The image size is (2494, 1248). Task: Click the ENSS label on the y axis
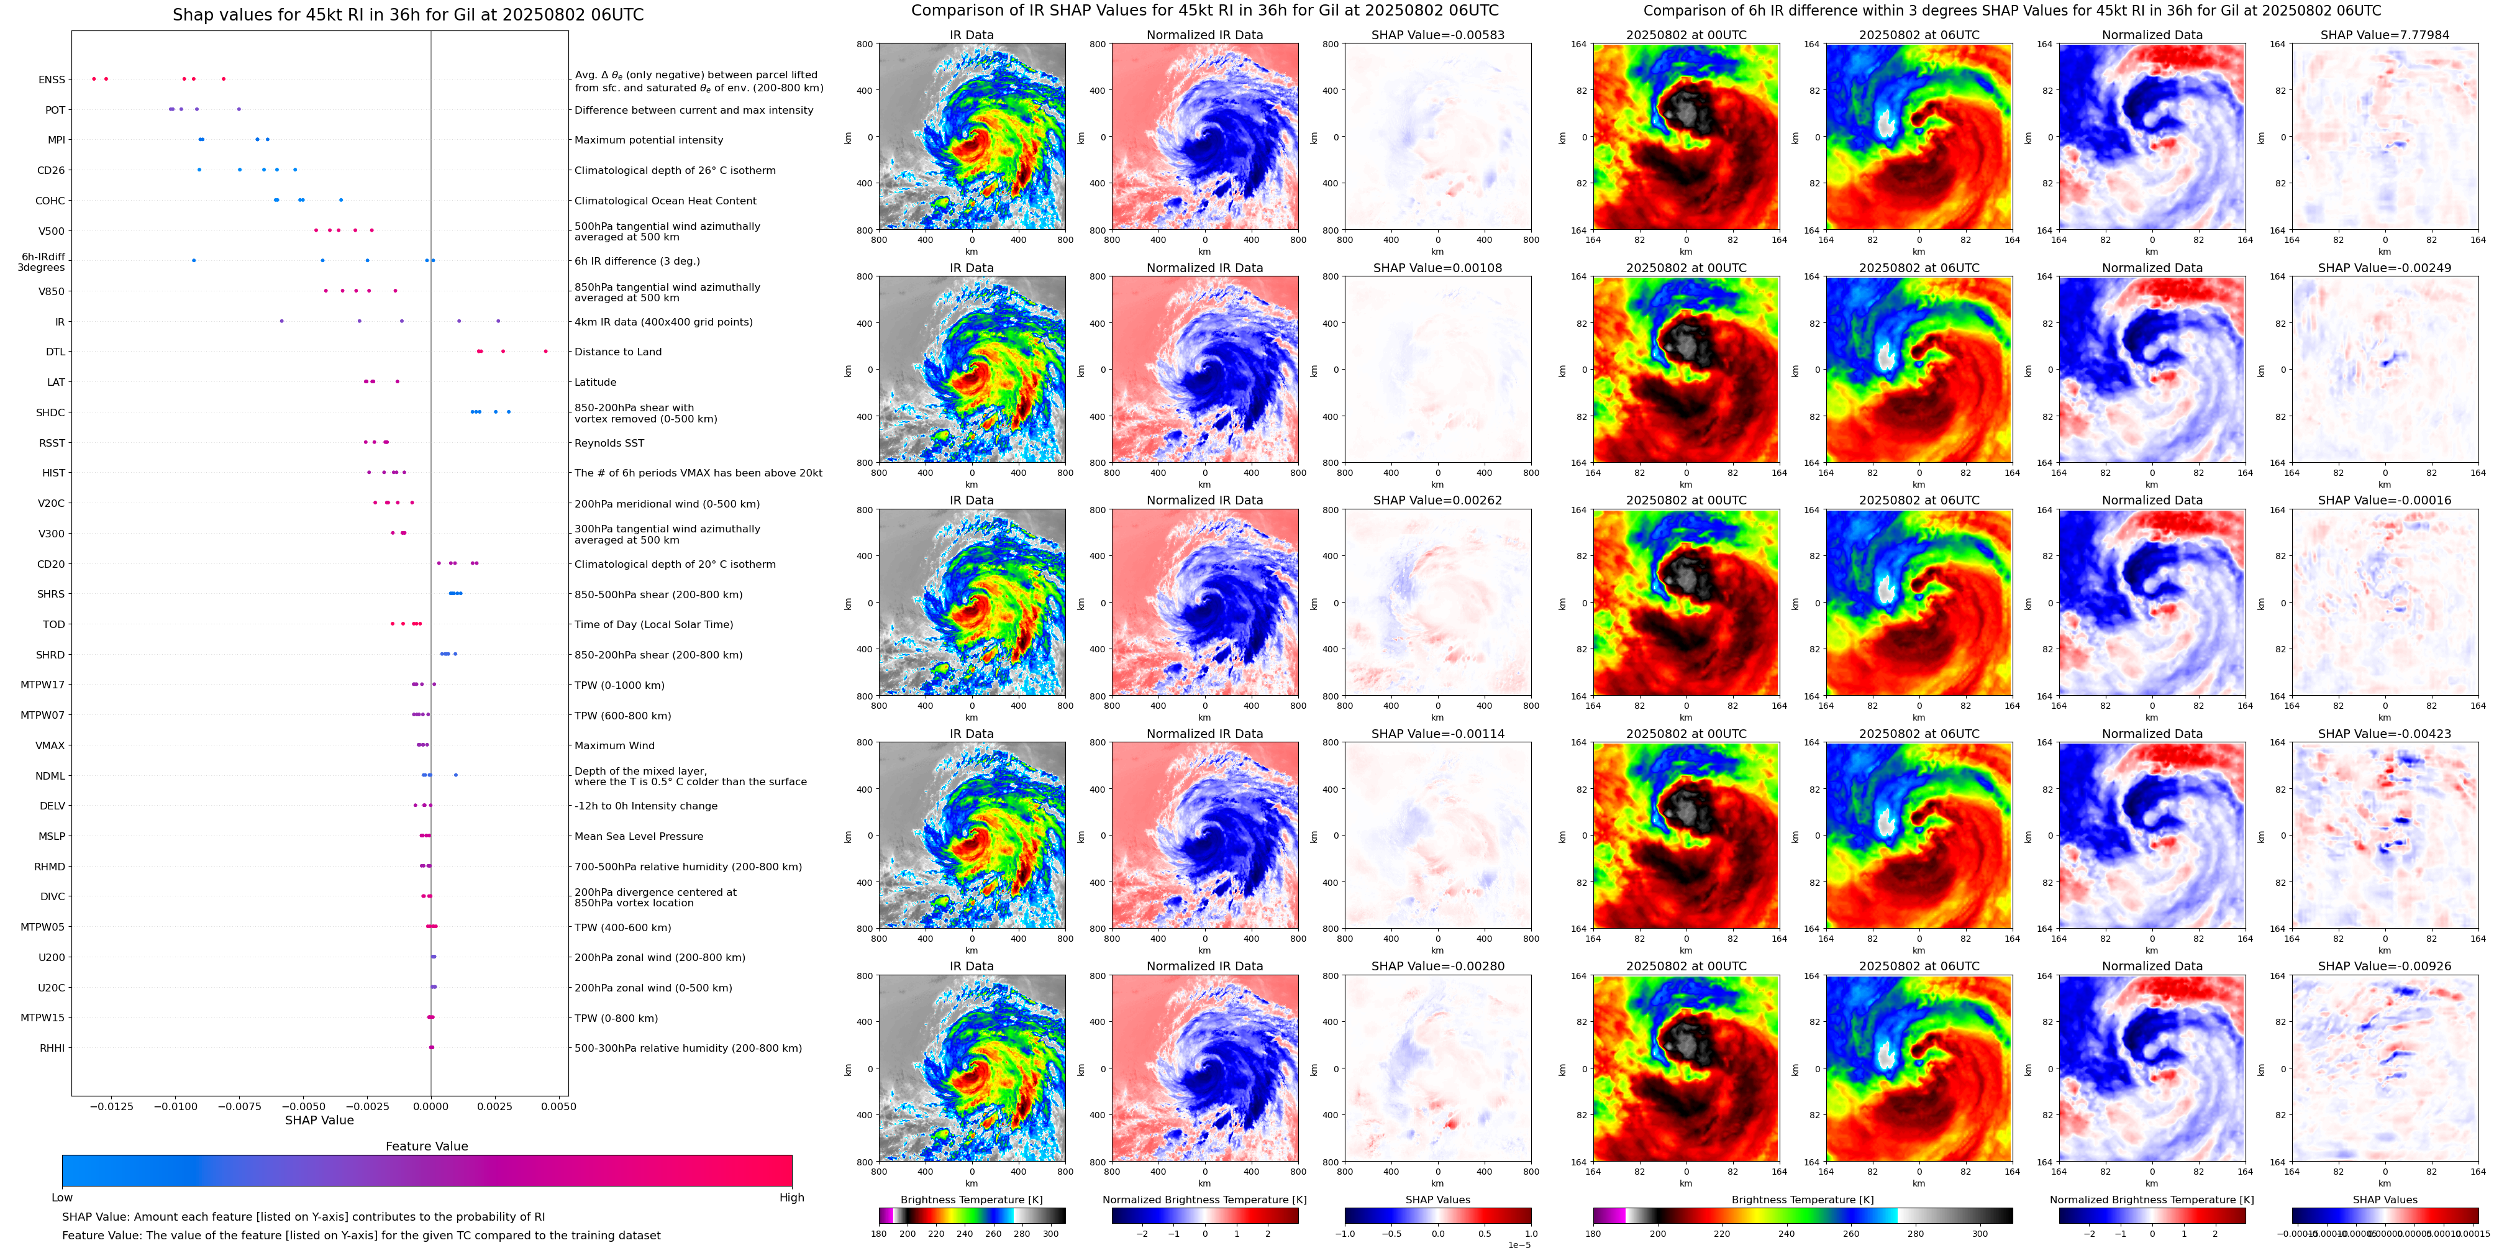coord(52,80)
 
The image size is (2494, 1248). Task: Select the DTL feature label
coord(55,352)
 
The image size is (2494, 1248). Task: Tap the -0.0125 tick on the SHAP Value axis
coord(111,1106)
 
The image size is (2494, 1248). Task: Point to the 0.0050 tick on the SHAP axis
coord(558,1106)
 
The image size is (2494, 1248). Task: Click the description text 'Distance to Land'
coord(617,352)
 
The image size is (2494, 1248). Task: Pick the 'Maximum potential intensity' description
coord(649,140)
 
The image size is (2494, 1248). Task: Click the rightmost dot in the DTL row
coord(546,352)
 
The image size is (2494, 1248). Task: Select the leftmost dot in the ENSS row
coord(94,78)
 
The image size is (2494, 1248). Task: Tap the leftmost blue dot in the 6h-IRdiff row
coord(194,260)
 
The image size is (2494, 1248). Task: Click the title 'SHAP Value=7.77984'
coord(2385,35)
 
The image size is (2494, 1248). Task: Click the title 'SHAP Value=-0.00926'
coord(2385,966)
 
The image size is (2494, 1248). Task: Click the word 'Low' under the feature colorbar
coord(62,1198)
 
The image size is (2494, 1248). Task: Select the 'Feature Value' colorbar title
coord(426,1146)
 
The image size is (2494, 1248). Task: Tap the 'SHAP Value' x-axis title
coord(319,1120)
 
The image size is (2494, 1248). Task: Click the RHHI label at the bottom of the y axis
coord(52,1047)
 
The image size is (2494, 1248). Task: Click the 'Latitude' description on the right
coord(596,383)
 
